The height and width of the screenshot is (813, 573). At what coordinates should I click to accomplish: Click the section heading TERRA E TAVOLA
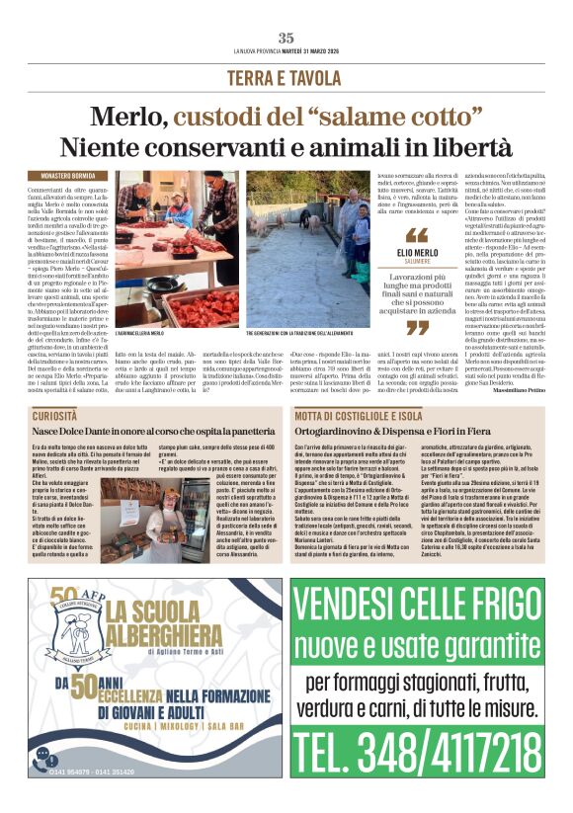click(286, 78)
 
